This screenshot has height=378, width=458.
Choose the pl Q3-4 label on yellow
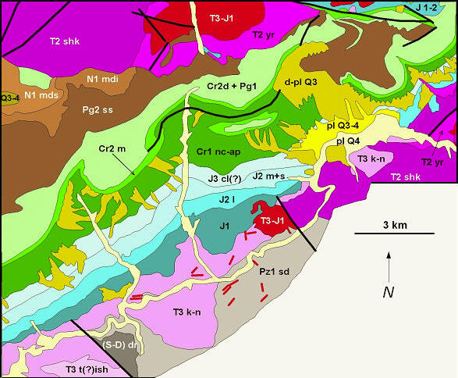[x=341, y=126]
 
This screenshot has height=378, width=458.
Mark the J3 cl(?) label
[x=225, y=179]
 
